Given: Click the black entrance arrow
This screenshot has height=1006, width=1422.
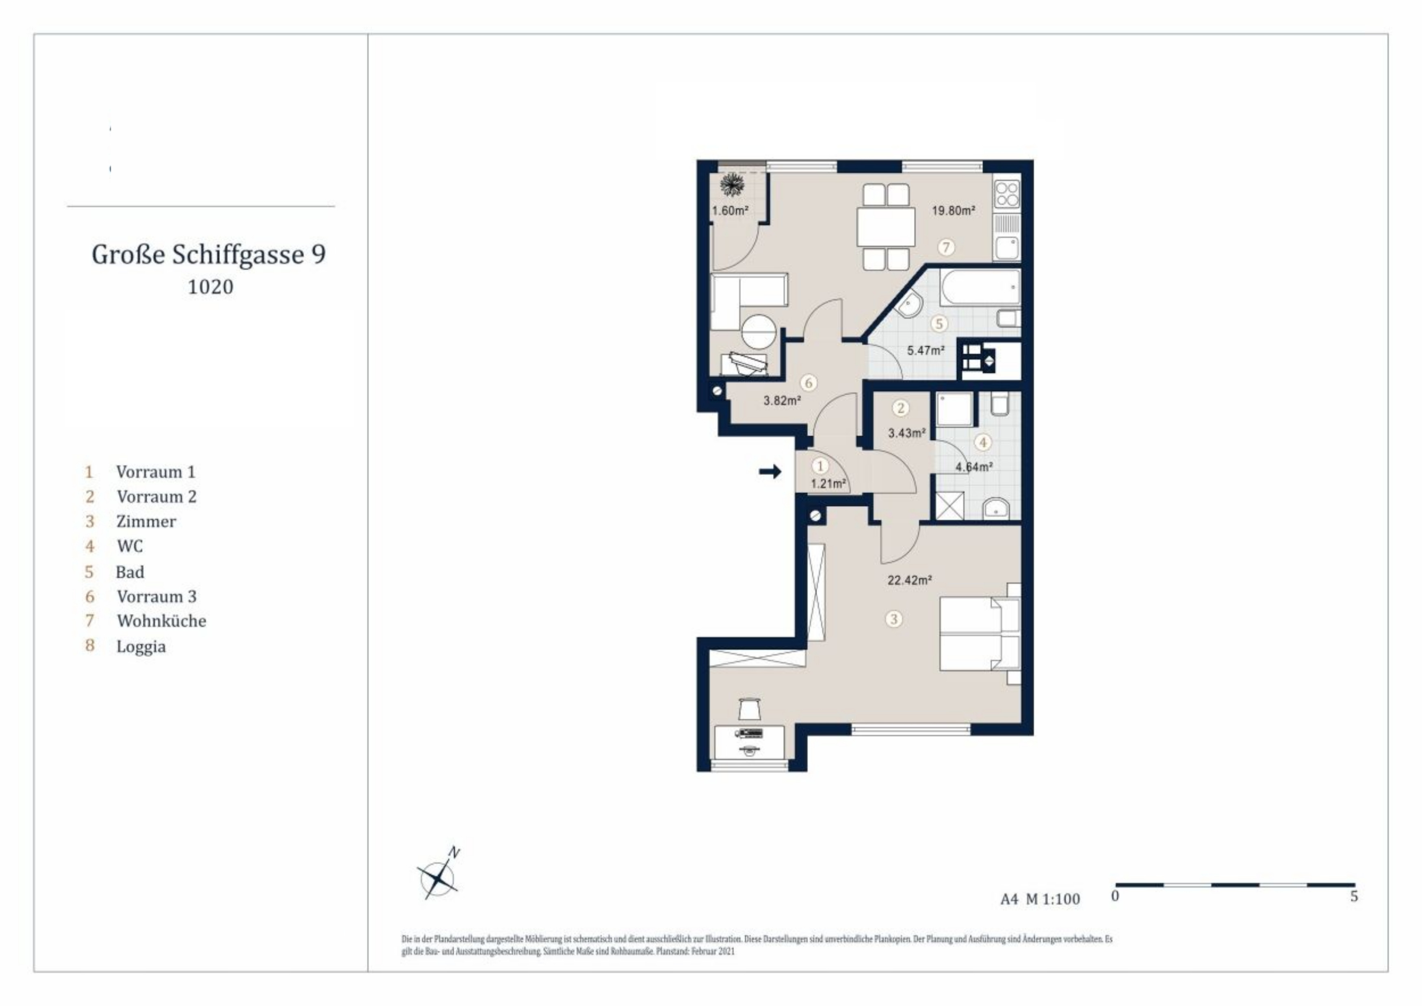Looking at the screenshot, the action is [770, 472].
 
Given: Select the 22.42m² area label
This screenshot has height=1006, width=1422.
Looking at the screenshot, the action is [910, 580].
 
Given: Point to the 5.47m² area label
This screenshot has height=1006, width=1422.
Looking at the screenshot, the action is [925, 351].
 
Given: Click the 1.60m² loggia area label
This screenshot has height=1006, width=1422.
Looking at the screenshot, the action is [730, 211].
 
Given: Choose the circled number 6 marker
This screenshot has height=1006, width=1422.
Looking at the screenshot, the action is [808, 383].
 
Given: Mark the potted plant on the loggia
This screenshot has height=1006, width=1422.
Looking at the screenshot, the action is [733, 184].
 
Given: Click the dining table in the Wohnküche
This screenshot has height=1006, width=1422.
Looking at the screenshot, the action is [886, 227].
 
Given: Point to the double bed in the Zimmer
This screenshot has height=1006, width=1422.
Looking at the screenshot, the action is [980, 633].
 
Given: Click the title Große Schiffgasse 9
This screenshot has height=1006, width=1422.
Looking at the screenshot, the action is [209, 254].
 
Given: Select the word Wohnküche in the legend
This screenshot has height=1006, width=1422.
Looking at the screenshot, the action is [162, 621].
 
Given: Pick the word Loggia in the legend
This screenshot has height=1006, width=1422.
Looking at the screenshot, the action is [141, 647].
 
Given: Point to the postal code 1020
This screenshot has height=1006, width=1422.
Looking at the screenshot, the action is [210, 287].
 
